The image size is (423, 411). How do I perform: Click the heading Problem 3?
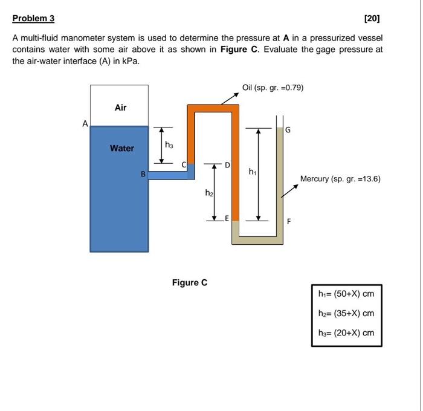[33, 18]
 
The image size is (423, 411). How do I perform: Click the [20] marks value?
[373, 18]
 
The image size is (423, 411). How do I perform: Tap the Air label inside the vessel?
[121, 108]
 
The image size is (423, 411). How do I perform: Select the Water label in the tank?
[122, 148]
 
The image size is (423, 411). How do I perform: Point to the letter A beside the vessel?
[85, 123]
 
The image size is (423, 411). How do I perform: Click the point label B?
[143, 174]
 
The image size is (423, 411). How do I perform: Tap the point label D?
[227, 164]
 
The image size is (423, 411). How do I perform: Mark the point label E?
[227, 219]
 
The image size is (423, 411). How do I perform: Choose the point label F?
[289, 221]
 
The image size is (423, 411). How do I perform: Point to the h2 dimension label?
[208, 193]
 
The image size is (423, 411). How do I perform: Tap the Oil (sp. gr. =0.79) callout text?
[273, 88]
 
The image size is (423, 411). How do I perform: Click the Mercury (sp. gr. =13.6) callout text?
[340, 179]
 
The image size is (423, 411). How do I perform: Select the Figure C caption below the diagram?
[189, 282]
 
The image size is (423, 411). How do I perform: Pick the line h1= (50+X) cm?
[346, 294]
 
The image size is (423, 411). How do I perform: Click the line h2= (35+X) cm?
[346, 314]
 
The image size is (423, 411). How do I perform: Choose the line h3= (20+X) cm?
[346, 333]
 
